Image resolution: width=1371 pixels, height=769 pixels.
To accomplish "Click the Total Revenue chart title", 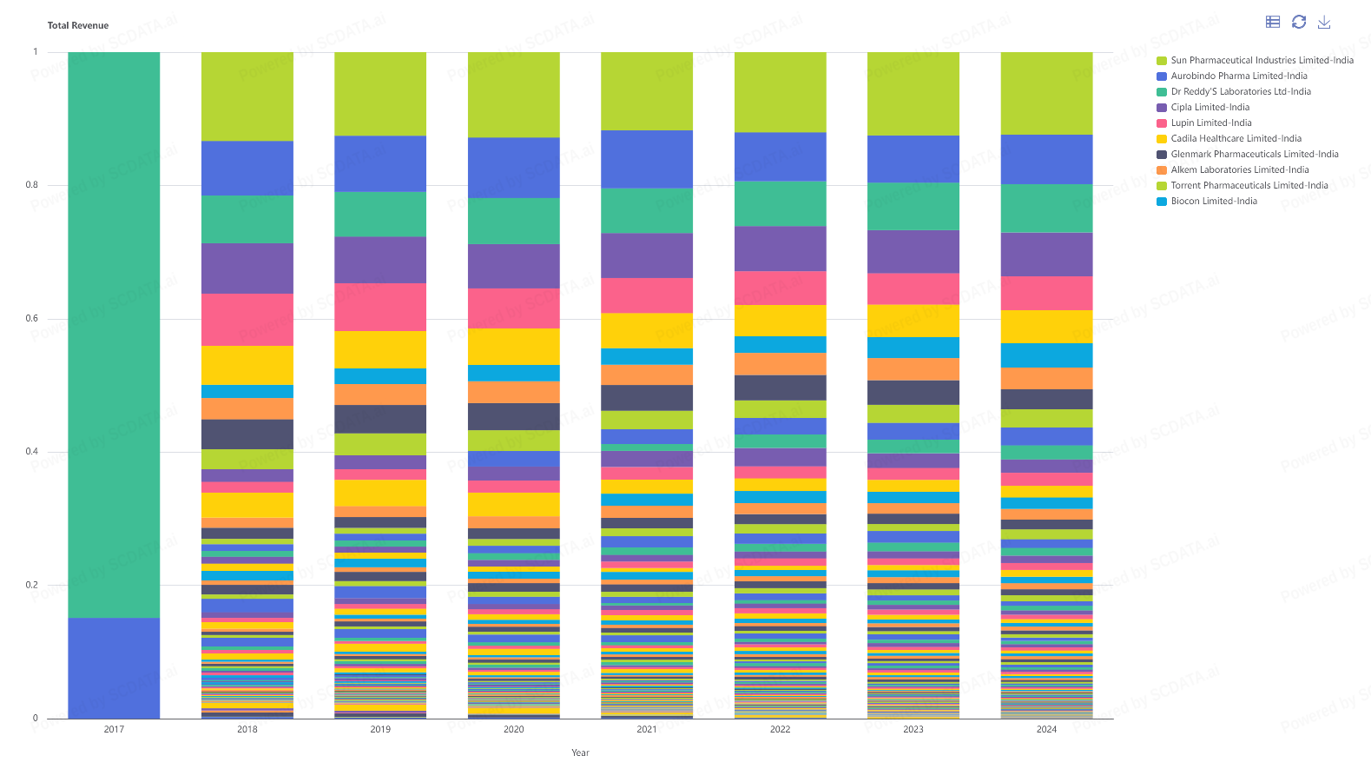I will pos(78,26).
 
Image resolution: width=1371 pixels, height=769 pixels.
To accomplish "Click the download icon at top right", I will pos(1324,22).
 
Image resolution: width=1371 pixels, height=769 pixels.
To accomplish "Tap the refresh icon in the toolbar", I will pos(1299,22).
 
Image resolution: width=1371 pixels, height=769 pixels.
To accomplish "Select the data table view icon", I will pos(1273,22).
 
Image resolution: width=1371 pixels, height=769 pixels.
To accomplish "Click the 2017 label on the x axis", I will pos(114,730).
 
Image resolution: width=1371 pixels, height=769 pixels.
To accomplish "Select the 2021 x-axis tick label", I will pos(647,730).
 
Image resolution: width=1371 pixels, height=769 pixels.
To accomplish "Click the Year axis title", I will pos(580,753).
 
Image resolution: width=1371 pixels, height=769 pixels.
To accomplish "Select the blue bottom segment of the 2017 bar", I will pos(114,668).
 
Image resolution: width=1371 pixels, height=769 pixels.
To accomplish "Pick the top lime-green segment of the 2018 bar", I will pos(247,96).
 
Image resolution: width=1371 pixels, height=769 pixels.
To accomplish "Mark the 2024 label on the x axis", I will pos(1046,730).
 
